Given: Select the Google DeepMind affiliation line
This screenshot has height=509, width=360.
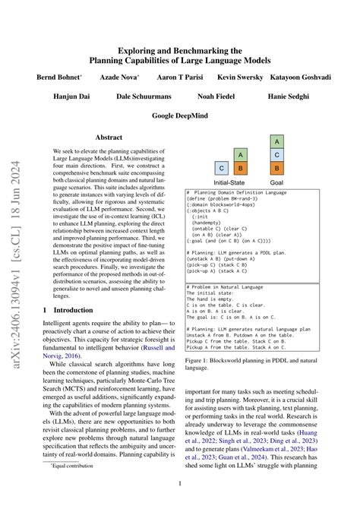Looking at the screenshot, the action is pyautogui.click(x=180, y=115).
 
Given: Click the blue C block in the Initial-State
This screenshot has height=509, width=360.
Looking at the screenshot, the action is pyautogui.click(x=222, y=168).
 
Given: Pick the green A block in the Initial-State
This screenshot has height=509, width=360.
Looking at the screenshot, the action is pyautogui.click(x=239, y=154).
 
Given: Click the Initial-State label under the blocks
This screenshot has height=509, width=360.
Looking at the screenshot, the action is pyautogui.click(x=230, y=183).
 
